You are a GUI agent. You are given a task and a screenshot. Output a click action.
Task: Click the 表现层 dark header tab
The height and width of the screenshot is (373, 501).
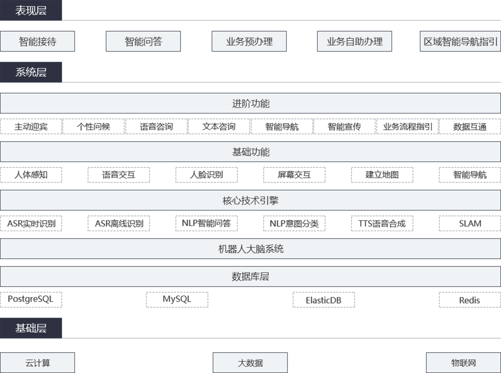[30, 10]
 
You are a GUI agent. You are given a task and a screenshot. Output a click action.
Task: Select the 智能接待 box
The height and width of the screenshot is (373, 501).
[37, 41]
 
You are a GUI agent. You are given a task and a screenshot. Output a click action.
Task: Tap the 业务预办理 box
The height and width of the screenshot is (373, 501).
[249, 41]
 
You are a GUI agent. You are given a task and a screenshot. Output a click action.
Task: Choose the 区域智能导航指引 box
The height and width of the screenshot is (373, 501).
[460, 41]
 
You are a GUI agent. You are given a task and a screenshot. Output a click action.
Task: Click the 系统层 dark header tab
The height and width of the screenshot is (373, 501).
[30, 72]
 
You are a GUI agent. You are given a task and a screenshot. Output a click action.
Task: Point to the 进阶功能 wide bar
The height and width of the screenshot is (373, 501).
[251, 103]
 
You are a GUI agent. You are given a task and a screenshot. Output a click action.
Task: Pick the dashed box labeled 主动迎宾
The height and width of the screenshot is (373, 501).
[31, 126]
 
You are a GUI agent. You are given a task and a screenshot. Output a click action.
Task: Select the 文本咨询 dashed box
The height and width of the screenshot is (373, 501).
[219, 126]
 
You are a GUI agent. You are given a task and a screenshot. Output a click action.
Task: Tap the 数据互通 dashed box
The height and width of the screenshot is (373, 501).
[469, 126]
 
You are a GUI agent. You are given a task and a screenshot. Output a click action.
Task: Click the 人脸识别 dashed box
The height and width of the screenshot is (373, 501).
[207, 174]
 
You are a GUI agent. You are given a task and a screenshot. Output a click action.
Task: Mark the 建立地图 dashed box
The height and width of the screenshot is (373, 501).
[382, 174]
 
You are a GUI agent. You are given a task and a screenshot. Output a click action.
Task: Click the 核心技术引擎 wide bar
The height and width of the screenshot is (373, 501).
[251, 200]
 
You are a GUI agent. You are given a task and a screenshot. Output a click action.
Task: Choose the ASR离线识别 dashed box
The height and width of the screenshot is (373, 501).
[119, 223]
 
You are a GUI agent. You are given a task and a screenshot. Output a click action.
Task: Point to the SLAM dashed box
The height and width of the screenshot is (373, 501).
[470, 223]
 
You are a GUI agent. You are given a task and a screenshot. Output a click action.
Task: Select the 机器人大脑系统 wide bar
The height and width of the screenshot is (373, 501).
[251, 249]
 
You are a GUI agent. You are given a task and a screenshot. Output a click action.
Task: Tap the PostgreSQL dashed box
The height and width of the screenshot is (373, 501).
[31, 299]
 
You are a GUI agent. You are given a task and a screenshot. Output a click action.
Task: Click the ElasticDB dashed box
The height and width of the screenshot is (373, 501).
[324, 299]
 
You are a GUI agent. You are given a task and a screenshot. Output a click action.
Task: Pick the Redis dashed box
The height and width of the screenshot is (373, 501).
[470, 299]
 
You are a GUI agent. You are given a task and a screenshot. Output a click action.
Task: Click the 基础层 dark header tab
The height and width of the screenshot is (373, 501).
[30, 328]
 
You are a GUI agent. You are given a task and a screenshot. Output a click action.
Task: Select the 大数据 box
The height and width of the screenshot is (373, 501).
[250, 363]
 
